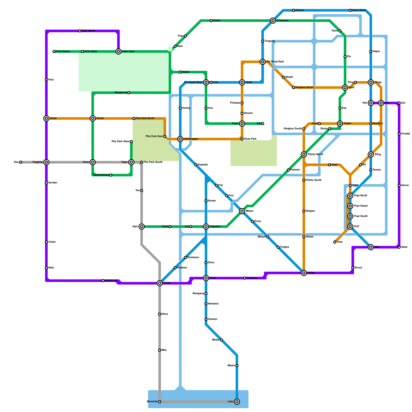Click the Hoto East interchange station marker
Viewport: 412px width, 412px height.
pos(118,51)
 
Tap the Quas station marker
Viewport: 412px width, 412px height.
pos(46,118)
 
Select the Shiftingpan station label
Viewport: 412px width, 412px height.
pos(191,139)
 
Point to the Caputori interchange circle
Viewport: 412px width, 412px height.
pos(206,227)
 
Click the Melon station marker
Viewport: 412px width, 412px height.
pos(242,211)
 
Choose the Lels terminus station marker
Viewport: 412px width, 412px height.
pos(237,402)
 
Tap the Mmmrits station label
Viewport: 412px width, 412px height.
pos(152,402)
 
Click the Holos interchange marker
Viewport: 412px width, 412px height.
pos(304,273)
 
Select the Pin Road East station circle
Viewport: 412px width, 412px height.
pos(263,62)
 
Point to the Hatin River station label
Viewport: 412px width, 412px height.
pos(359,10)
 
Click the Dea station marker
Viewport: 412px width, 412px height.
pos(21,162)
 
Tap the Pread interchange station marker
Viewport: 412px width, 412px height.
pos(160,283)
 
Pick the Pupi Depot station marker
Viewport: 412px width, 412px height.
pos(350,206)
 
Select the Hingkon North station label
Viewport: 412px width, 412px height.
pos(304,88)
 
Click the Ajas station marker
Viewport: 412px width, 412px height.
pos(142,227)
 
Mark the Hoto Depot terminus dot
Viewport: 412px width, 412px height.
pos(54,51)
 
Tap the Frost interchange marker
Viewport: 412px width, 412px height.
pos(242,124)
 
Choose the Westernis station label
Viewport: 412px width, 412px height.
pos(121,93)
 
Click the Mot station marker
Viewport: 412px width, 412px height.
pos(371,247)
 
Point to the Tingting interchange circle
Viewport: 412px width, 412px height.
pos(46,162)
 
